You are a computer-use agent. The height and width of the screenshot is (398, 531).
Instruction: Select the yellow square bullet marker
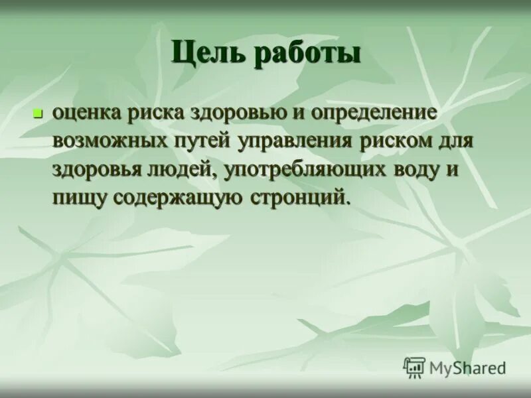38,114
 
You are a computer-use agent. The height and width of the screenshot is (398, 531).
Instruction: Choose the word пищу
80,198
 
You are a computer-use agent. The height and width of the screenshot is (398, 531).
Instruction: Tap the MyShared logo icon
414,367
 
